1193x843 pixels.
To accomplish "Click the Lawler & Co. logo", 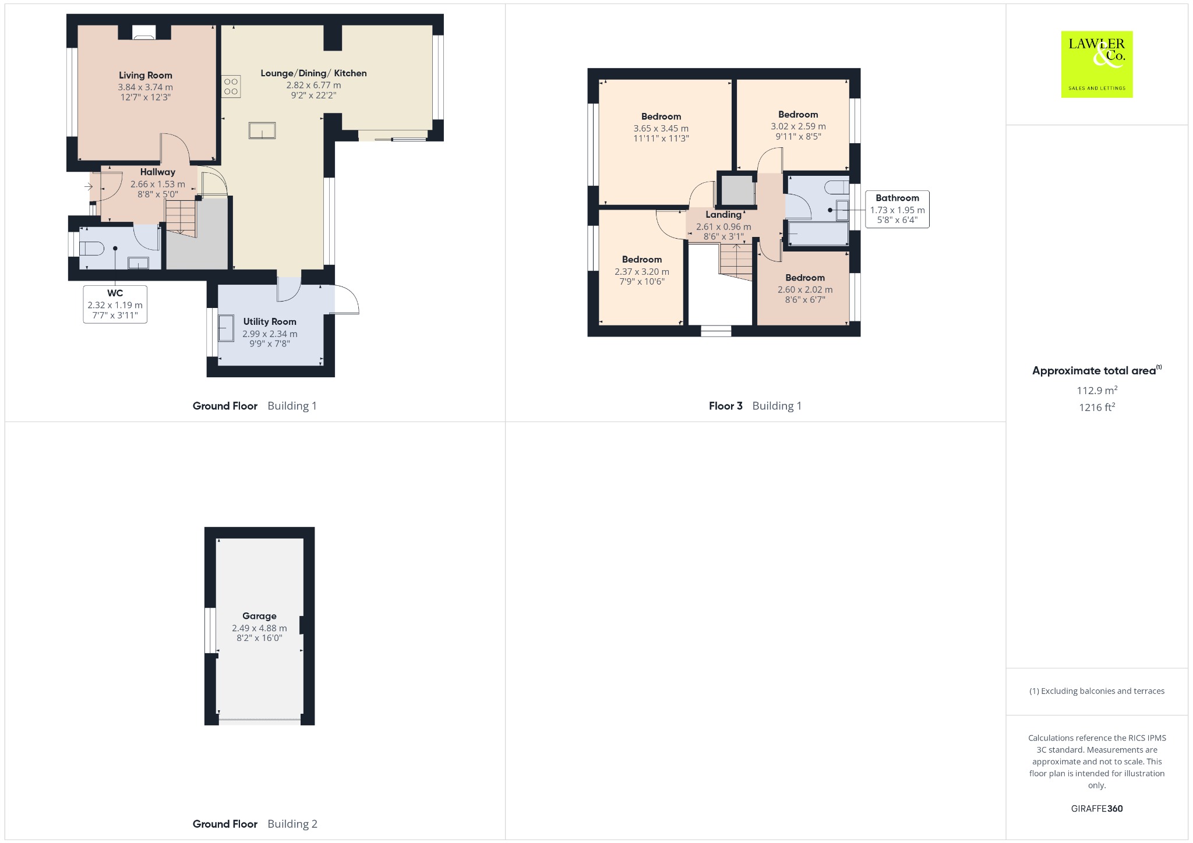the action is point(1096,64).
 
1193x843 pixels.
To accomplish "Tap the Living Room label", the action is point(146,75).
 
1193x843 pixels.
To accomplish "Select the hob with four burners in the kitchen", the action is point(231,87).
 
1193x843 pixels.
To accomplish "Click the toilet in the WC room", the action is point(91,249).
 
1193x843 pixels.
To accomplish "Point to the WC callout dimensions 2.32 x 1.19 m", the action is point(115,305).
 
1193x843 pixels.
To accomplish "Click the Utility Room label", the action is point(270,321).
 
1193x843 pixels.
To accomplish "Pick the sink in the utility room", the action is point(226,328).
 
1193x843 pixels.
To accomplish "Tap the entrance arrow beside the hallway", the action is point(89,186).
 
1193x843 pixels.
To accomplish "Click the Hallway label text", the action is point(158,172).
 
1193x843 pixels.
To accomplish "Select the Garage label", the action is point(259,616).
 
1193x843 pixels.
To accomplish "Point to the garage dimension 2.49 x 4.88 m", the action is point(259,628).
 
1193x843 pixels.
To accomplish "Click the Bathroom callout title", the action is point(897,198).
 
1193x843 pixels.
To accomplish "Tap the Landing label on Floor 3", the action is point(723,215).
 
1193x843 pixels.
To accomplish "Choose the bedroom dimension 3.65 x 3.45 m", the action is point(661,129).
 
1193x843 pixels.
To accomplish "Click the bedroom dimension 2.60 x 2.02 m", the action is point(805,289).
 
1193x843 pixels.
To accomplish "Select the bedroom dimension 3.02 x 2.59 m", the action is point(798,126).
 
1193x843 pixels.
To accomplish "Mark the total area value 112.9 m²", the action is point(1097,390).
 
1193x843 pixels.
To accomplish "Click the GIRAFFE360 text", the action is point(1097,808).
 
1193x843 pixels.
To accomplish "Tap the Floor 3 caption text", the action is point(726,406).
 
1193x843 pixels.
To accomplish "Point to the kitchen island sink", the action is point(262,130).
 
